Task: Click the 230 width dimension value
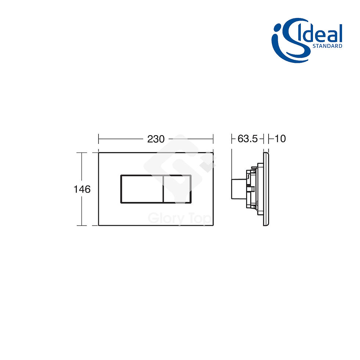[156, 139]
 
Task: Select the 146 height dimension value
[82, 189]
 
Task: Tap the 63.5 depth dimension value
[248, 139]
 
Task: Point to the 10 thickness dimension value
[280, 139]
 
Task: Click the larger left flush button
[142, 189]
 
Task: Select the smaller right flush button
[177, 189]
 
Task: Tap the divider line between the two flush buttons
[163, 189]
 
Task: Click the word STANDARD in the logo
[327, 46]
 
